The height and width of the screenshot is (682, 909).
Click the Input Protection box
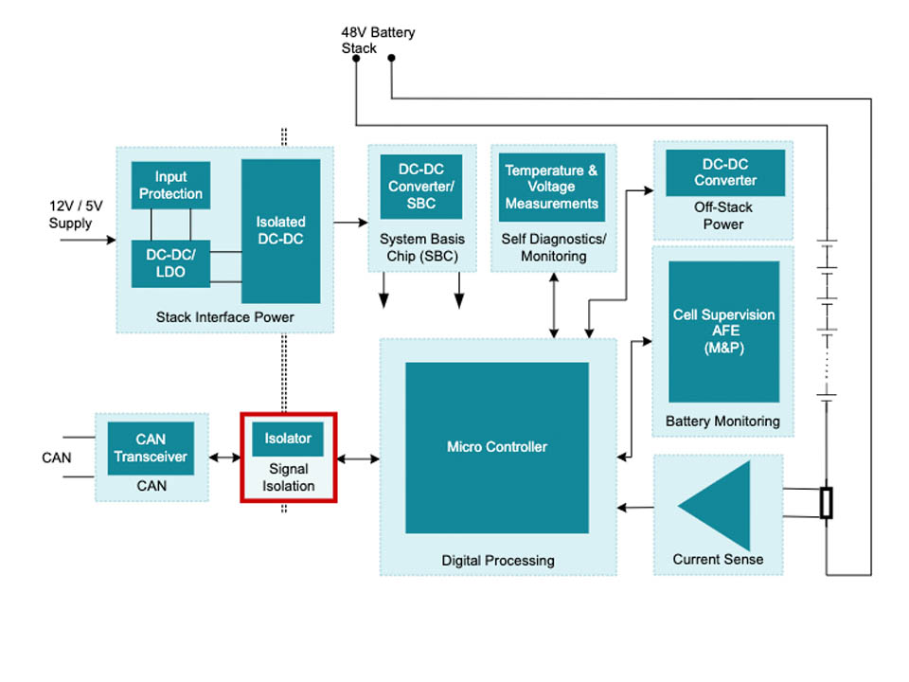tap(170, 186)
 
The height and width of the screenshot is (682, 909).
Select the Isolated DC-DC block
tap(280, 230)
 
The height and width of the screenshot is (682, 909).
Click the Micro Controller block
tap(496, 447)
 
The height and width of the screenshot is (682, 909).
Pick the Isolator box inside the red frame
tap(288, 439)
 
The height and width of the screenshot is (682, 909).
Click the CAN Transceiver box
tap(151, 448)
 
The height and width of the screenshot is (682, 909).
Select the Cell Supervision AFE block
tap(723, 332)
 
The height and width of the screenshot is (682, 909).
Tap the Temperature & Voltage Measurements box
tap(551, 187)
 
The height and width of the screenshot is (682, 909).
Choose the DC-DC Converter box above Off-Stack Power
tap(725, 172)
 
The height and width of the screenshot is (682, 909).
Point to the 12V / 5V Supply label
tap(71, 215)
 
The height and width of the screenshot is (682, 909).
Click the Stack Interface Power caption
tap(224, 317)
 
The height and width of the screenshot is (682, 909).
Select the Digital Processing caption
tap(498, 561)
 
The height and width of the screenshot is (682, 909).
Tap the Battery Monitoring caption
tap(722, 421)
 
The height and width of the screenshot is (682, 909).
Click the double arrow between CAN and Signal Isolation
tap(224, 458)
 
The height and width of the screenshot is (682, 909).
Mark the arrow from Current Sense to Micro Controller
tap(635, 509)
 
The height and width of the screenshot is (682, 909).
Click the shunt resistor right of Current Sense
tap(827, 503)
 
